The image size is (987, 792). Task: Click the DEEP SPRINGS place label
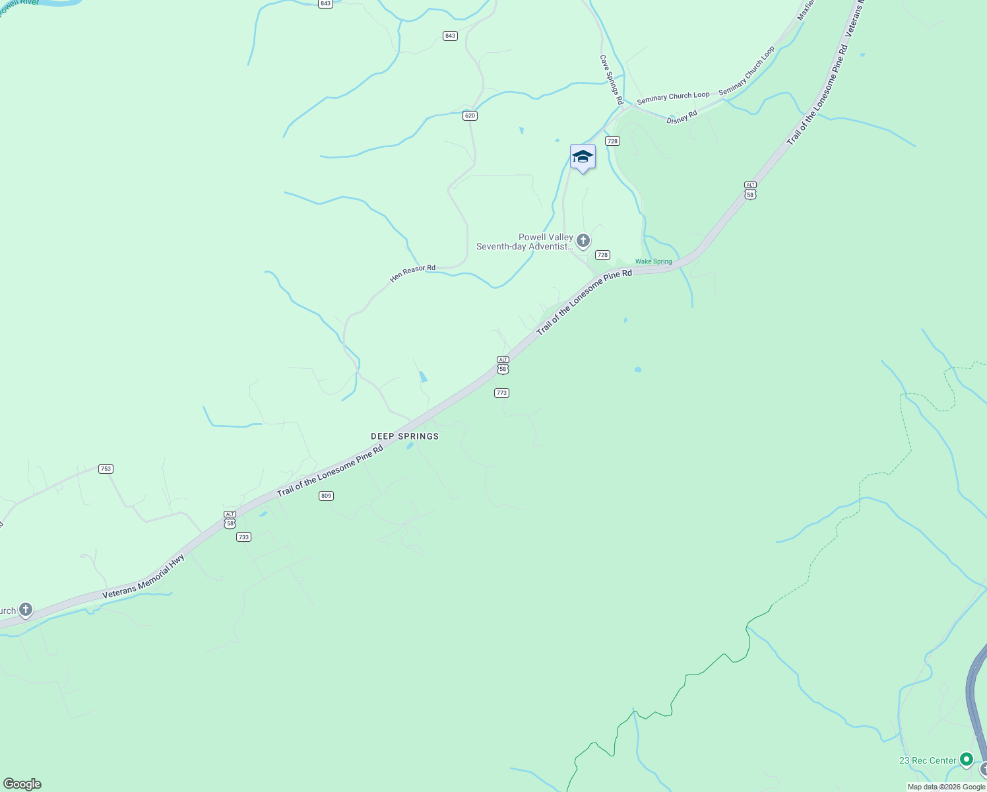point(404,436)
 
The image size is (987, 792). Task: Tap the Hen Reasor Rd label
point(412,273)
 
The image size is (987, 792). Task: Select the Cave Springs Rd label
point(611,79)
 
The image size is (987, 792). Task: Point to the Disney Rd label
point(682,117)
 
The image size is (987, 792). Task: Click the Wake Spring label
point(653,261)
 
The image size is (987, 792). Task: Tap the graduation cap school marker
point(583,157)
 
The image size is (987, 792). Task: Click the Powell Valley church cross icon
point(583,241)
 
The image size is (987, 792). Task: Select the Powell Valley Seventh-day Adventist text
point(525,242)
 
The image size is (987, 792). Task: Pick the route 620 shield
point(470,115)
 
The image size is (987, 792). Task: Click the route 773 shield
point(501,393)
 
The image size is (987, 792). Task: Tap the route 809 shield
point(326,496)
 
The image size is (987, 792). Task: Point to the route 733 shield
point(243,537)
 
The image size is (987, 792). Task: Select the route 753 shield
point(106,469)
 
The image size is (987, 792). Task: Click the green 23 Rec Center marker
point(967,760)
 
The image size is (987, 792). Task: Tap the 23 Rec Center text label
point(927,760)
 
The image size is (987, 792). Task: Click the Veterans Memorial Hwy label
point(143,577)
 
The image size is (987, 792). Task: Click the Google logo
point(22,783)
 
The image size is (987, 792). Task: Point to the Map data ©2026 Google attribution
point(946,787)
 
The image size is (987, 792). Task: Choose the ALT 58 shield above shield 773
point(503,365)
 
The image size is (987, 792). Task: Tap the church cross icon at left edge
point(26,610)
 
